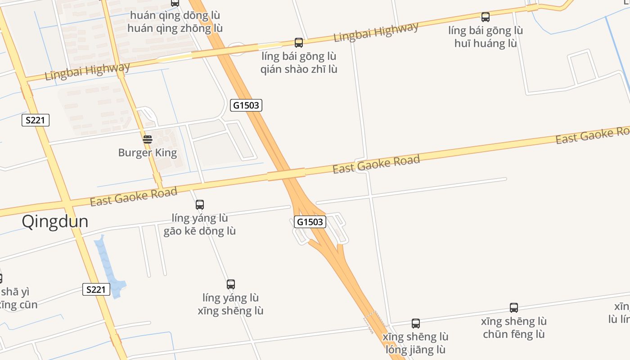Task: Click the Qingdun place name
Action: pos(55,222)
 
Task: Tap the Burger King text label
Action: pos(148,153)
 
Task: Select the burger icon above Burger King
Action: pos(148,139)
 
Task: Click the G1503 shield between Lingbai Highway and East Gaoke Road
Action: pos(246,105)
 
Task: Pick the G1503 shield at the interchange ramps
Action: pos(310,221)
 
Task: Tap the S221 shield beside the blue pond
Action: pos(96,289)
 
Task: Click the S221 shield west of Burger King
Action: pos(36,120)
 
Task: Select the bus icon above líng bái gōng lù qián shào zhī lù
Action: pos(299,43)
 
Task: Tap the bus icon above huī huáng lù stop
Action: pos(486,17)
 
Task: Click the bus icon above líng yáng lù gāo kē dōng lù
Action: pos(200,205)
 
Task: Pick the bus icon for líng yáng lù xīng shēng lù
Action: pos(231,284)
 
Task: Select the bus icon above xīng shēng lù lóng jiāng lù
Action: pos(416,323)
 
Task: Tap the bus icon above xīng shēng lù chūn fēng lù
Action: pos(514,308)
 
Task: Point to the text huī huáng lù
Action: pos(486,44)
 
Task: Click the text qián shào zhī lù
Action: pos(299,69)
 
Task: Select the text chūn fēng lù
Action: pos(514,334)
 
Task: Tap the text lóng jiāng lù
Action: pos(416,350)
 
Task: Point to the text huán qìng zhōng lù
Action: pos(175,28)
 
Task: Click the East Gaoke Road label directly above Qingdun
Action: pos(134,197)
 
